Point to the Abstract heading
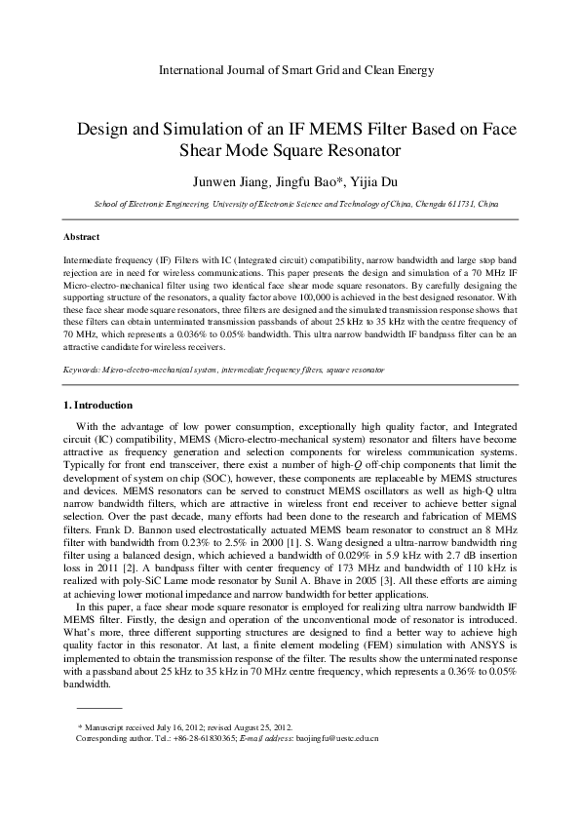click(81, 237)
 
